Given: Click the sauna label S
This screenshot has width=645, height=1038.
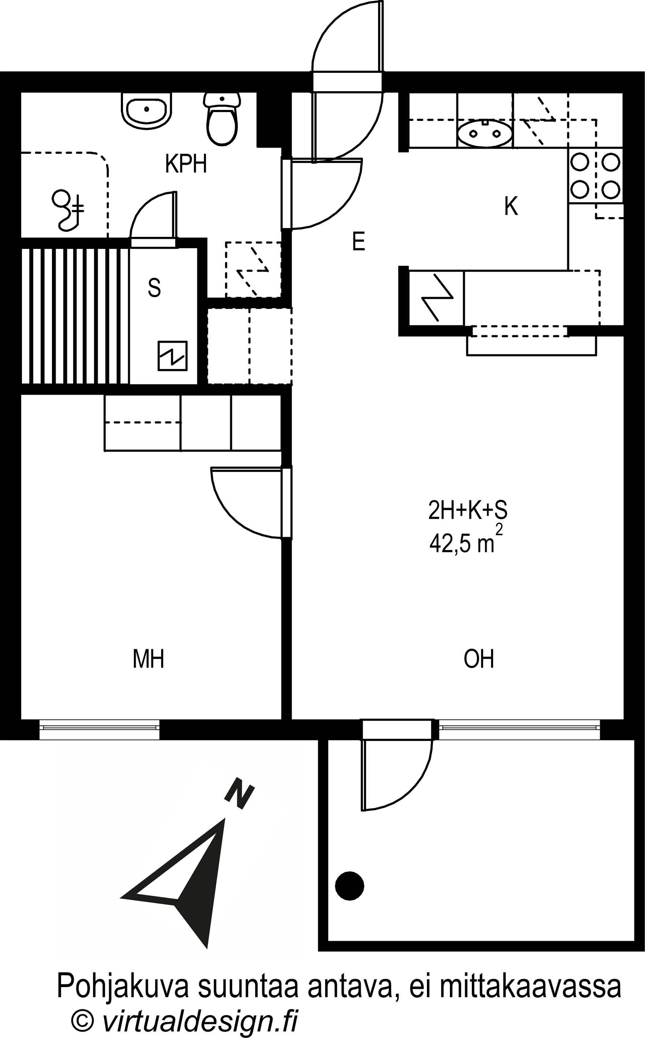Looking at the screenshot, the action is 154,288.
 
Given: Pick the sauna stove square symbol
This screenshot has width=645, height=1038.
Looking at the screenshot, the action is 172,356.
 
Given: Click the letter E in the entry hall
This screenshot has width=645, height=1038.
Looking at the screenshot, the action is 359,242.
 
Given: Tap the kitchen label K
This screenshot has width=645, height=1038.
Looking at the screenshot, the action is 511,206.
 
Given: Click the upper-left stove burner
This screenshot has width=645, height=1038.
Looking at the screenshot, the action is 580,162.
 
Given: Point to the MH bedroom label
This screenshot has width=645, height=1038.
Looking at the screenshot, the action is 149,659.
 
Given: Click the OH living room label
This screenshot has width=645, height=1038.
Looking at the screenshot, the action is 479,659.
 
